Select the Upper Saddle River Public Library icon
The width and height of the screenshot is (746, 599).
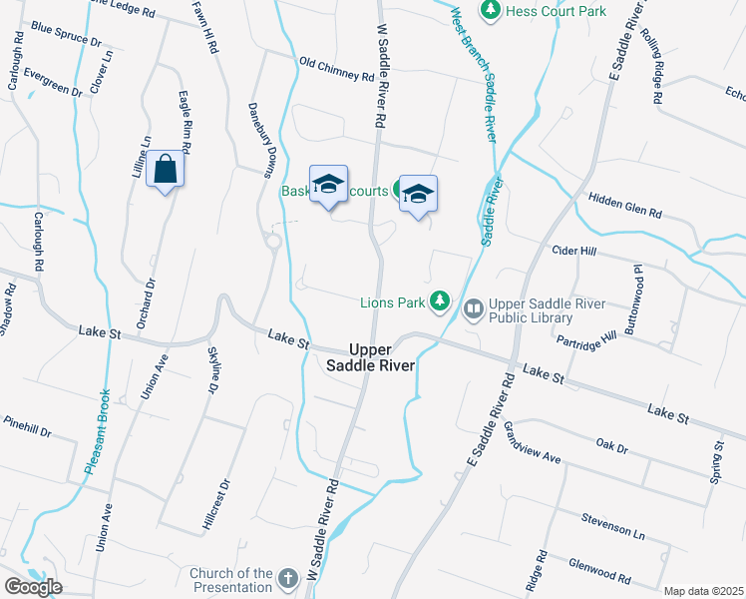pyautogui.click(x=474, y=309)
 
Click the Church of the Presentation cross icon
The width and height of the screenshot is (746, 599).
pyautogui.click(x=288, y=579)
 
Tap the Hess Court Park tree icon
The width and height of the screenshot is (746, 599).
pyautogui.click(x=490, y=11)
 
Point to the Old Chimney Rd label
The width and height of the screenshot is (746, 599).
pyautogui.click(x=337, y=69)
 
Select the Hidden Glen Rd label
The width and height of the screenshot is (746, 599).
pyautogui.click(x=625, y=206)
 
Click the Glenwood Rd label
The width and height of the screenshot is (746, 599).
pyautogui.click(x=594, y=572)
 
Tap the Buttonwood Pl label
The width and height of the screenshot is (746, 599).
pyautogui.click(x=634, y=299)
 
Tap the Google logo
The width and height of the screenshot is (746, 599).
pyautogui.click(x=33, y=587)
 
